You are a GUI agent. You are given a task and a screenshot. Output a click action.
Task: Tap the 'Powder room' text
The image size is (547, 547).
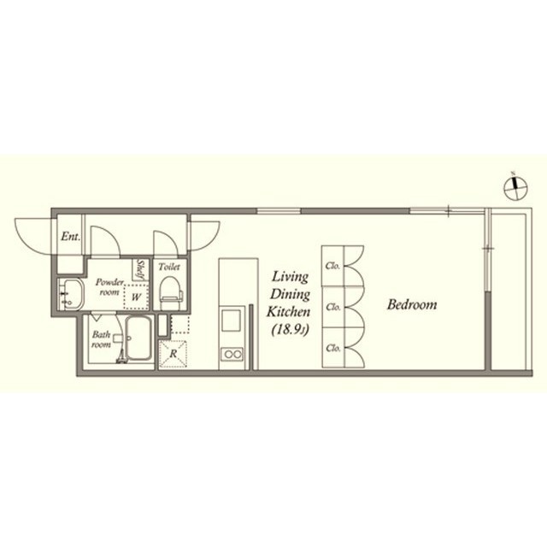[110, 285]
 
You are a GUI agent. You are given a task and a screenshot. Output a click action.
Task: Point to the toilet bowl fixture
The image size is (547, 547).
[168, 289]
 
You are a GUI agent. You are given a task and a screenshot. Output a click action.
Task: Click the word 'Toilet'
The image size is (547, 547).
[168, 267]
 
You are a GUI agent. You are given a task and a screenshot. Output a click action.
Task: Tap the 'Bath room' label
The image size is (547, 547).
[102, 340]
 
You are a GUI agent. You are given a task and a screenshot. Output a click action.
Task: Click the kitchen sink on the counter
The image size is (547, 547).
[232, 322]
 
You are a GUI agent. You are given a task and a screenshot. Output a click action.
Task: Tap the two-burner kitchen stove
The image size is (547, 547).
[232, 354]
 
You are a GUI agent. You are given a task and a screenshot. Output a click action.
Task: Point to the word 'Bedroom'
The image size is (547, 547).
[411, 304]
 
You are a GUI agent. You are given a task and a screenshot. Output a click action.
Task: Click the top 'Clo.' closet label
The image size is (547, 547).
[332, 265]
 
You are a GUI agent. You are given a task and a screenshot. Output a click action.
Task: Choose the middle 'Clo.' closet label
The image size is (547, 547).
[332, 306]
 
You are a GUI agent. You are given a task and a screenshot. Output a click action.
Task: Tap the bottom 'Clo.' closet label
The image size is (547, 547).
[332, 348]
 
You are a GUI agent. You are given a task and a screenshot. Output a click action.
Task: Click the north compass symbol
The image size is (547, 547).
[515, 188]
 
